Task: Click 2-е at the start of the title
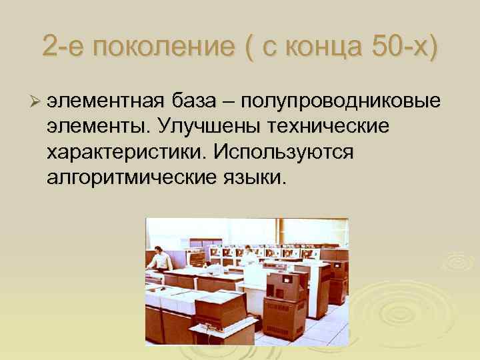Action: (61, 47)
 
